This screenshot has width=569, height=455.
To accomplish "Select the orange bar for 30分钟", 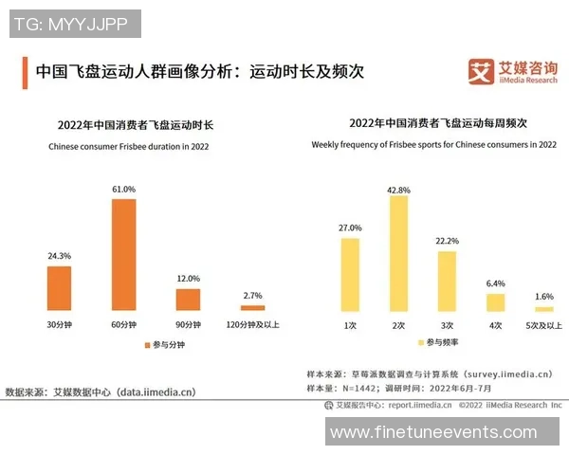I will point(59,288).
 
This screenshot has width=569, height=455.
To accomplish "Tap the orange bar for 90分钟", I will point(189,300).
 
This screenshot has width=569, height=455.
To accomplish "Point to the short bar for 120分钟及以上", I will point(253,308).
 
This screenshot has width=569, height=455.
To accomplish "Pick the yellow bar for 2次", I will point(398,254).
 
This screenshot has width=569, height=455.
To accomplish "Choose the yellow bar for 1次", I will point(350,275).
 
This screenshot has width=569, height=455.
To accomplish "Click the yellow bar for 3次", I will point(447,281).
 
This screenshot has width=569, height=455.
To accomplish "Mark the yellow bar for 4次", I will point(495,302).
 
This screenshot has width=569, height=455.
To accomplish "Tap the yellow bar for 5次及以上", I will point(543,309).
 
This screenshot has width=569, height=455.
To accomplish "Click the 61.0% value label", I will point(124,190).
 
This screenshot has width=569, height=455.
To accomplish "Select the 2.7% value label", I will point(253,298).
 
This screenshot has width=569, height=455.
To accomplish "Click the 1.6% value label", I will point(543,297).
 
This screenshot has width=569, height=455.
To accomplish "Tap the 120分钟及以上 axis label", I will point(253,324).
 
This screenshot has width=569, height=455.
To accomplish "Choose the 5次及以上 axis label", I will point(543,325).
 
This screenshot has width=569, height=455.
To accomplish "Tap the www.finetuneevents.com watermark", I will point(446,431).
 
